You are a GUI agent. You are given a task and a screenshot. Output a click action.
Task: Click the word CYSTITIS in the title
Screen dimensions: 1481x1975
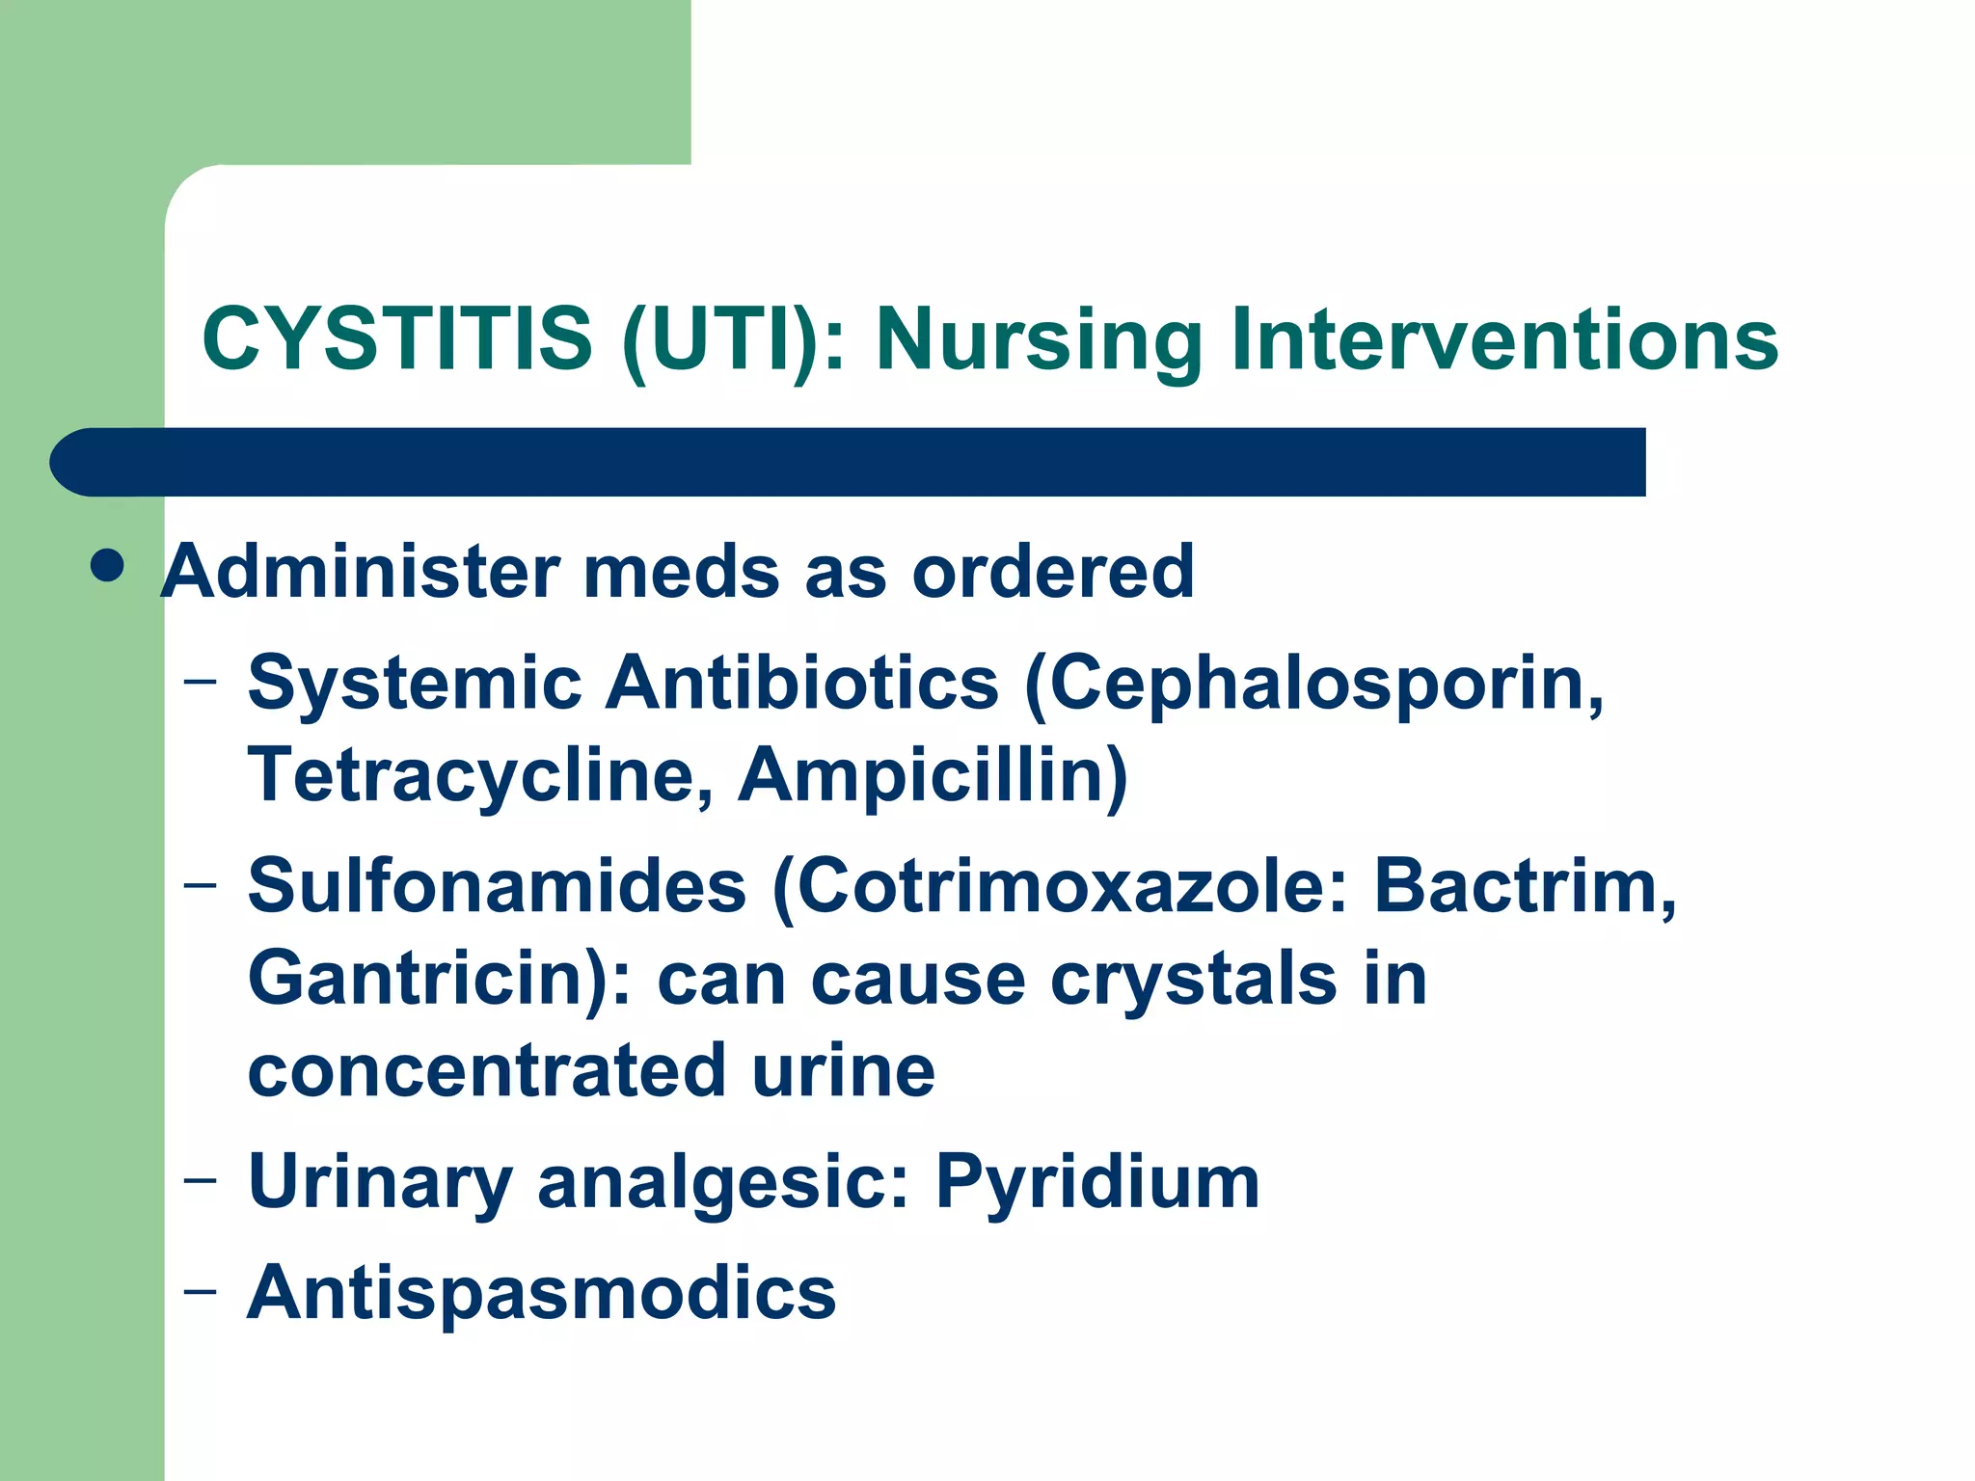[x=396, y=339]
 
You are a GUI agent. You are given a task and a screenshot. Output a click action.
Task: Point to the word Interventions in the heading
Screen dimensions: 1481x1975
[x=1504, y=339]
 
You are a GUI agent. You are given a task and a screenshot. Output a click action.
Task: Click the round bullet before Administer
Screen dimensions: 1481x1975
[x=106, y=566]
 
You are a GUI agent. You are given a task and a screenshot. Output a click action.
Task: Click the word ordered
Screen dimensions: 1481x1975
[x=1053, y=571]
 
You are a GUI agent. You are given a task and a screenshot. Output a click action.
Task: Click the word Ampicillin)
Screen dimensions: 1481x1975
[x=933, y=775]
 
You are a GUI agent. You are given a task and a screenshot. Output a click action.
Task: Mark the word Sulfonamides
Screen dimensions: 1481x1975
[x=497, y=885]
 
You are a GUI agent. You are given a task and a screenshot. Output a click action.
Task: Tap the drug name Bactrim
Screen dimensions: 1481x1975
[x=1524, y=885]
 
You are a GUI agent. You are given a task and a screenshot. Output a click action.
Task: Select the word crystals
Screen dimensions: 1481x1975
[x=1192, y=978]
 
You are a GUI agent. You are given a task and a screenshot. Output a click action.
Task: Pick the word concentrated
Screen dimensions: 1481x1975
[x=486, y=1070]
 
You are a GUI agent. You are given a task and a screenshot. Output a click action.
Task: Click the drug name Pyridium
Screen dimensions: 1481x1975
[x=1097, y=1182]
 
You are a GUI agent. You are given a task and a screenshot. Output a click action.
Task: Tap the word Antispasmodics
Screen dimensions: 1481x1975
[x=541, y=1292]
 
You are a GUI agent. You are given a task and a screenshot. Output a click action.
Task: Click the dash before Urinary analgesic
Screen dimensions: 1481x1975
[x=201, y=1180]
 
